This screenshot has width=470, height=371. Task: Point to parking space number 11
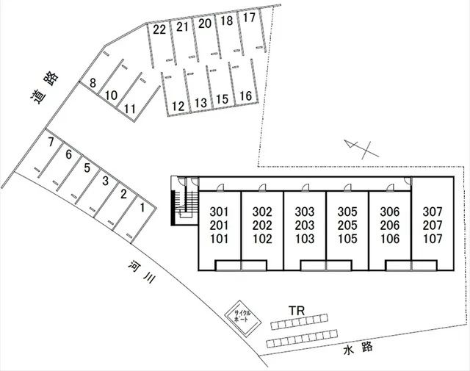[136, 99]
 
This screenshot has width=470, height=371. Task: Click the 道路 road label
[45, 87]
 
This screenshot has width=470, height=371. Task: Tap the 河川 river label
[141, 272]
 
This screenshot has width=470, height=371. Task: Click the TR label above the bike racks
[297, 311]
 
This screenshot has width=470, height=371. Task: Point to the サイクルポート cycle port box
[243, 317]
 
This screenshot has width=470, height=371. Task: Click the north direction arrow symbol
[362, 149]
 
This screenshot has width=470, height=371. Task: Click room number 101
[219, 239]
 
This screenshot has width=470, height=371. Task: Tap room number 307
[433, 212]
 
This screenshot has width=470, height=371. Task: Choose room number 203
[305, 226]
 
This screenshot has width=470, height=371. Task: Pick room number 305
[347, 212]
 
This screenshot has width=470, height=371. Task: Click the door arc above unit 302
[261, 187]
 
